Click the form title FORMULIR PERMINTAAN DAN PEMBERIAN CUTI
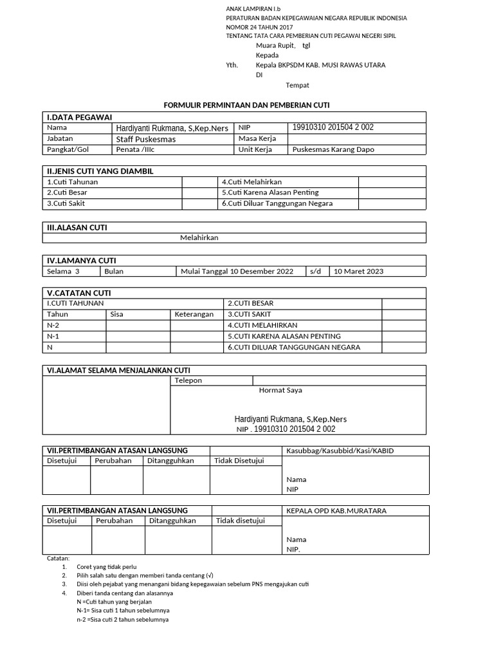tap(247, 105)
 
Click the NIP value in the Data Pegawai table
tap(333, 127)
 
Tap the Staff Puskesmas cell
tap(145, 139)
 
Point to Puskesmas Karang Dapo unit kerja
tap(333, 149)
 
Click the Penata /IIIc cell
tap(135, 149)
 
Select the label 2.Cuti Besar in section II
tap(68, 192)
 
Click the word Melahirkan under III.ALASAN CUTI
tap(199, 237)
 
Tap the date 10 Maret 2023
tap(358, 271)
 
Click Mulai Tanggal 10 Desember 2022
tap(237, 271)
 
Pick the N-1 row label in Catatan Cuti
tap(53, 336)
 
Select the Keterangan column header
tap(194, 314)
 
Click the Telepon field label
tap(188, 380)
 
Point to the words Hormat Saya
tap(280, 390)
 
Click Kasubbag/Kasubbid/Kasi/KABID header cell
tap(340, 450)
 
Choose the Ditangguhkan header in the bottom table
tap(172, 521)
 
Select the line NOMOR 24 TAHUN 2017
tap(259, 28)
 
